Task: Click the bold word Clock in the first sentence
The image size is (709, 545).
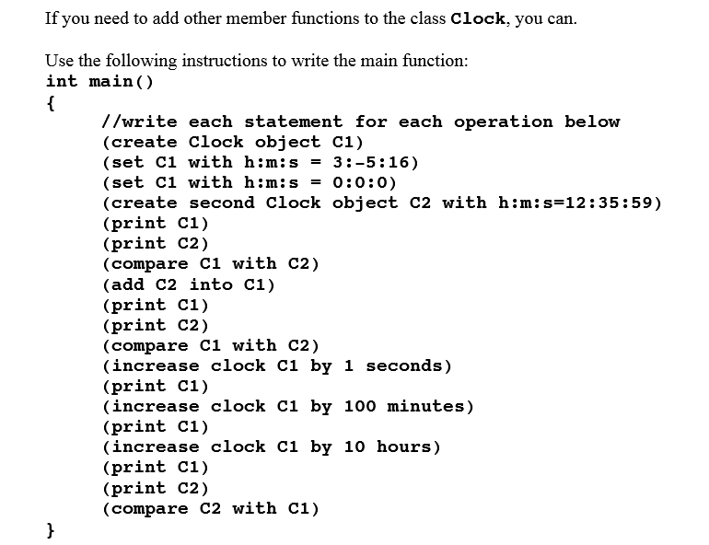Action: tap(478, 18)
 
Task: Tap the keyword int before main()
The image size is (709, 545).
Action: tap(62, 81)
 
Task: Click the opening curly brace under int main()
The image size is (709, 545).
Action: tap(51, 103)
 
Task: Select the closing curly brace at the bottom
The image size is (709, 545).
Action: tap(51, 529)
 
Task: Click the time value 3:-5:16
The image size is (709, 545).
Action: tap(370, 162)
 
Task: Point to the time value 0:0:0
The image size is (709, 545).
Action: tap(359, 182)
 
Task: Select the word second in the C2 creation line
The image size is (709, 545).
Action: tap(222, 203)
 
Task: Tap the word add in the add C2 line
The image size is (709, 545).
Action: tap(127, 284)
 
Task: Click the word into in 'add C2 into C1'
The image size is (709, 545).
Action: tap(211, 284)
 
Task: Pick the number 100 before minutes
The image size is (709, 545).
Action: tap(360, 406)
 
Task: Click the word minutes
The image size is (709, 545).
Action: tap(425, 406)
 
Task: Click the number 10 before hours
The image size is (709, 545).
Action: tap(354, 446)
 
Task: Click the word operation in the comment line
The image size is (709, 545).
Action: tap(504, 122)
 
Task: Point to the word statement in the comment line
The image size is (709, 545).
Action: tap(293, 122)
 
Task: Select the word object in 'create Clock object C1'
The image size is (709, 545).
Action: tap(287, 142)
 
